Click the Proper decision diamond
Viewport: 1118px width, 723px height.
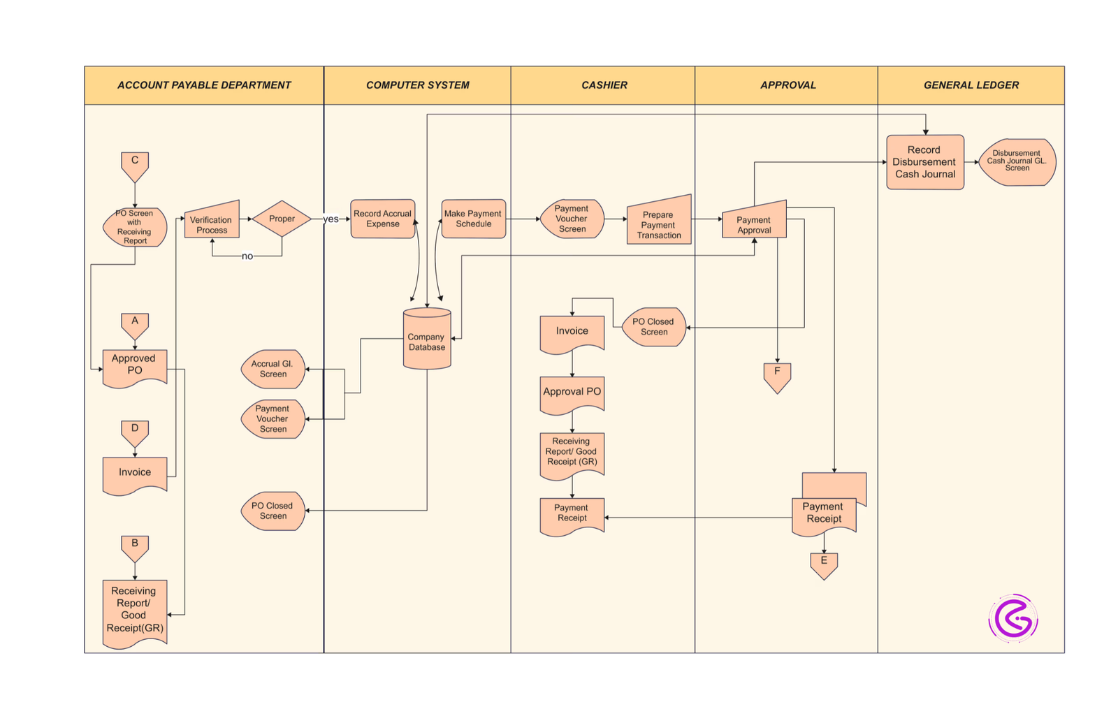[282, 219]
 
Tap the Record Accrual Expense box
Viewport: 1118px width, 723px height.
[383, 219]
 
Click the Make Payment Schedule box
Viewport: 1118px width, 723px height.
[474, 219]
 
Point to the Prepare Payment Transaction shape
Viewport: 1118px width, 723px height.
[659, 222]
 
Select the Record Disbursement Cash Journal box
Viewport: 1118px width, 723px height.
[925, 162]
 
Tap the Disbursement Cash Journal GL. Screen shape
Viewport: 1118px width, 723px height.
[1017, 162]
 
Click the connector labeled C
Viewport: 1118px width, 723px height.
[135, 165]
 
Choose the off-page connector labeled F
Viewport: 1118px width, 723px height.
[777, 376]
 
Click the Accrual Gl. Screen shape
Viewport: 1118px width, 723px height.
[273, 369]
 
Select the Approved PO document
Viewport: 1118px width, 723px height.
[135, 366]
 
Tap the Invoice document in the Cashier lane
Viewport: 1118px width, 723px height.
[572, 333]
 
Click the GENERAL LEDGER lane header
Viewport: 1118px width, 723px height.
[971, 85]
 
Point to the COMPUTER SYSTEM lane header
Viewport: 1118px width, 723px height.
[418, 85]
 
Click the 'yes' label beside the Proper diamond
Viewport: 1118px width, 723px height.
[331, 219]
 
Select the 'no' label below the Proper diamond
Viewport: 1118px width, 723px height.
[247, 256]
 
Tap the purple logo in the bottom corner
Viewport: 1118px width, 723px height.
[1013, 618]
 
